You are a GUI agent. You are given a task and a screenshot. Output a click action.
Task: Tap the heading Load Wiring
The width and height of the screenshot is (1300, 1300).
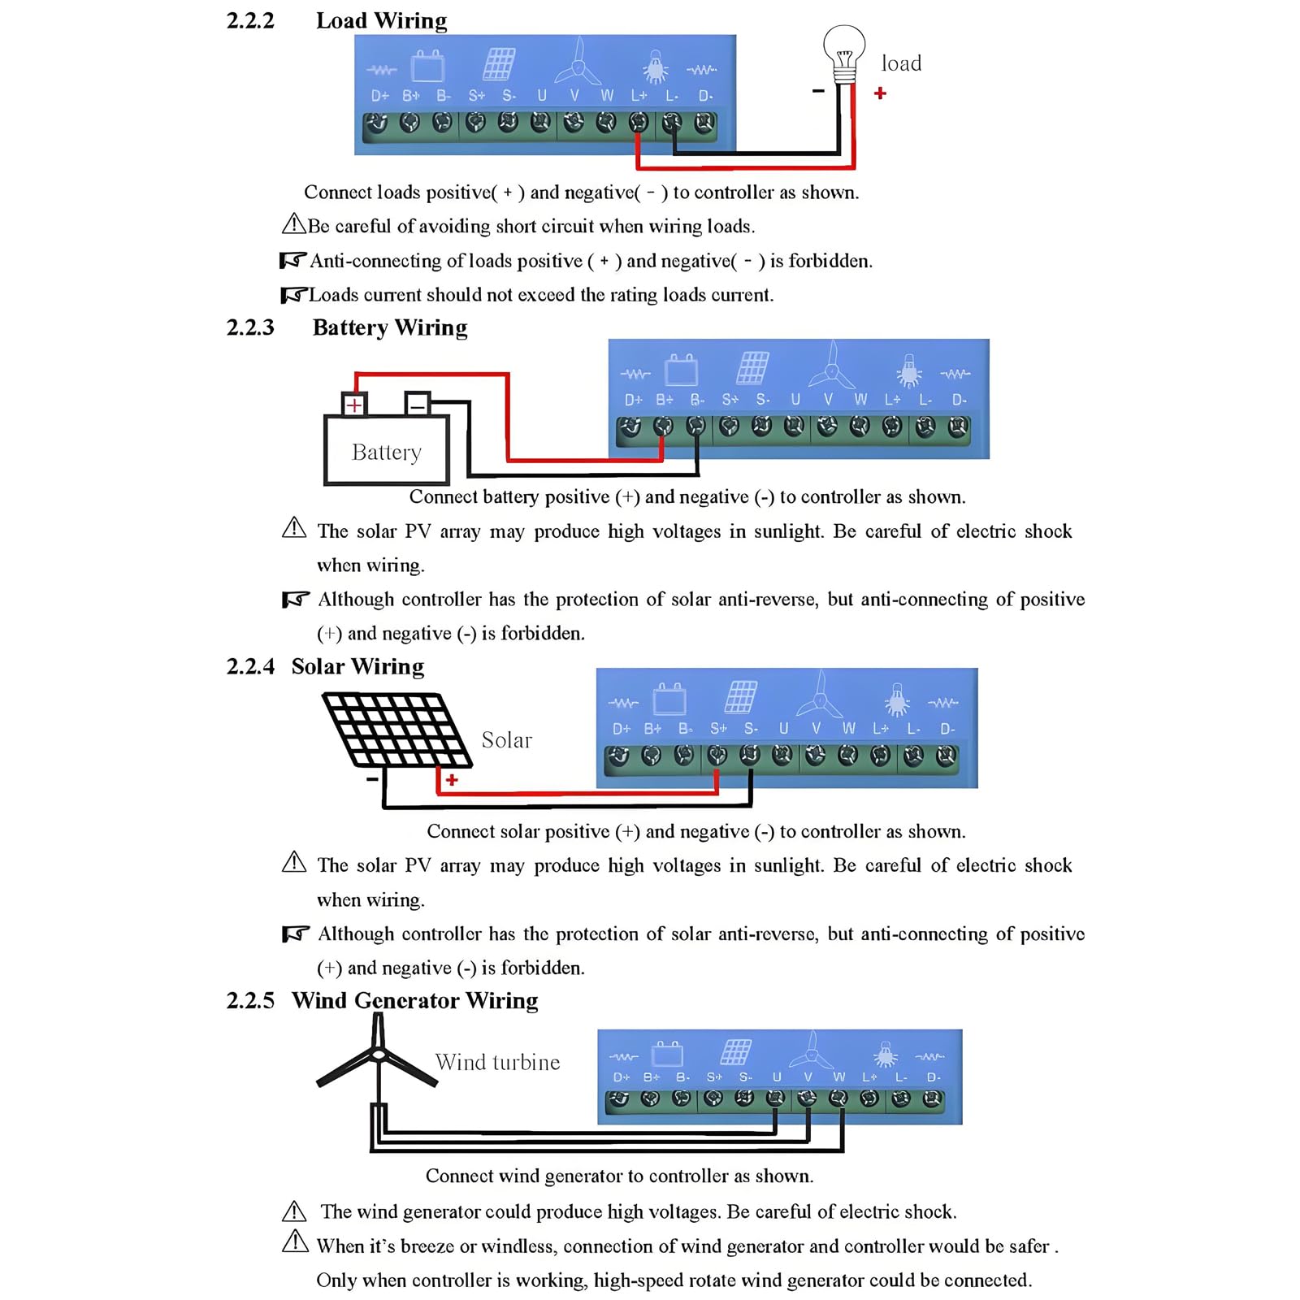click(381, 20)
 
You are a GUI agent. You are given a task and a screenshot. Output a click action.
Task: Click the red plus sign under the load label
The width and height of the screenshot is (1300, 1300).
click(880, 93)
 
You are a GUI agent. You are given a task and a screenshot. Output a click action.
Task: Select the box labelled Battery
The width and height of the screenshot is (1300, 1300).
click(387, 450)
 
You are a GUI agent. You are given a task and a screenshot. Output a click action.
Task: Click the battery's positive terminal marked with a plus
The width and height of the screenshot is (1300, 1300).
click(354, 404)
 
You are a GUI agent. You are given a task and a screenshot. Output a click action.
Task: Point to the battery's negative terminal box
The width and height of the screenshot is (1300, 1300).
click(418, 404)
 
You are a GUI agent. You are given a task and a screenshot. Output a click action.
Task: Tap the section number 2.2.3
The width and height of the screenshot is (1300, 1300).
click(250, 327)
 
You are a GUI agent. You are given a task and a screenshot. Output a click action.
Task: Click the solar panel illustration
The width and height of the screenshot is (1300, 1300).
click(396, 730)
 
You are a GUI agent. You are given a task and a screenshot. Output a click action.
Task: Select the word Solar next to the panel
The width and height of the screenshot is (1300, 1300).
click(506, 740)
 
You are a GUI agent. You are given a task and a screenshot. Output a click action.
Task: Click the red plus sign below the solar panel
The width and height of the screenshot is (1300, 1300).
click(452, 780)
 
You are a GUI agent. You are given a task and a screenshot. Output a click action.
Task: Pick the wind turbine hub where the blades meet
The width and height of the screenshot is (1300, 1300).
click(378, 1054)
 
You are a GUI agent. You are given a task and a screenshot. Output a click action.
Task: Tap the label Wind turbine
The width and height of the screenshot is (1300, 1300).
click(497, 1062)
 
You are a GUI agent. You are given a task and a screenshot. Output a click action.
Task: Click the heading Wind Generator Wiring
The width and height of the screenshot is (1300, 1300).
click(414, 1001)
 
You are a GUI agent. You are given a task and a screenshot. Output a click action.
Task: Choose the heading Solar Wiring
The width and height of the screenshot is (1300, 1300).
click(357, 667)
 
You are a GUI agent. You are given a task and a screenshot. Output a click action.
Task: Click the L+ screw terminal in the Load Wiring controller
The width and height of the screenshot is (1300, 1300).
click(639, 123)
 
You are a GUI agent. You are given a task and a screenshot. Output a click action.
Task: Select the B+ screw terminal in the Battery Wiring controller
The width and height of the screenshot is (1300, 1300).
click(663, 427)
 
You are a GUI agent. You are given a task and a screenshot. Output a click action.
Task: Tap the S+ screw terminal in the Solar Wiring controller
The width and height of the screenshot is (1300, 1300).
click(717, 756)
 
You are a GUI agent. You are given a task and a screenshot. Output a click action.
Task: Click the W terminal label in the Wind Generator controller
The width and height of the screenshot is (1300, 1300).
click(839, 1077)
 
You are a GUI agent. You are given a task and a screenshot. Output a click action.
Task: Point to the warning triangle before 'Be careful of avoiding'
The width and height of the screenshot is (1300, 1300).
click(293, 223)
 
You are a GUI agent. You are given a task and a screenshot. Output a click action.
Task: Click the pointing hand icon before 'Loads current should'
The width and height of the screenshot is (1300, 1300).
click(293, 294)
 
